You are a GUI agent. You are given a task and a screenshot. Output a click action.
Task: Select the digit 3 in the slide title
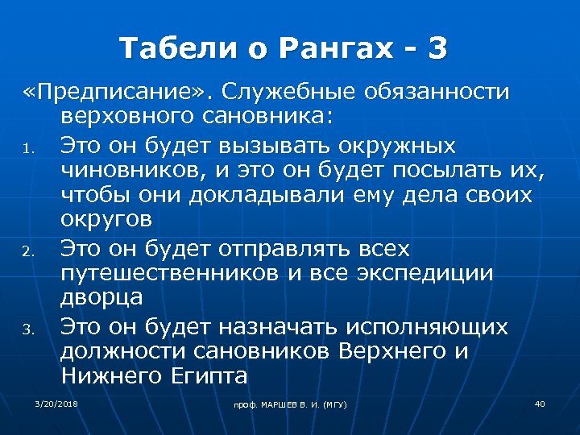437,49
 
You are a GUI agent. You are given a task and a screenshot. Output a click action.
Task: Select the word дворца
101,296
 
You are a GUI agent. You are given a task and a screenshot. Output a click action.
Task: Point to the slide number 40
540,403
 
